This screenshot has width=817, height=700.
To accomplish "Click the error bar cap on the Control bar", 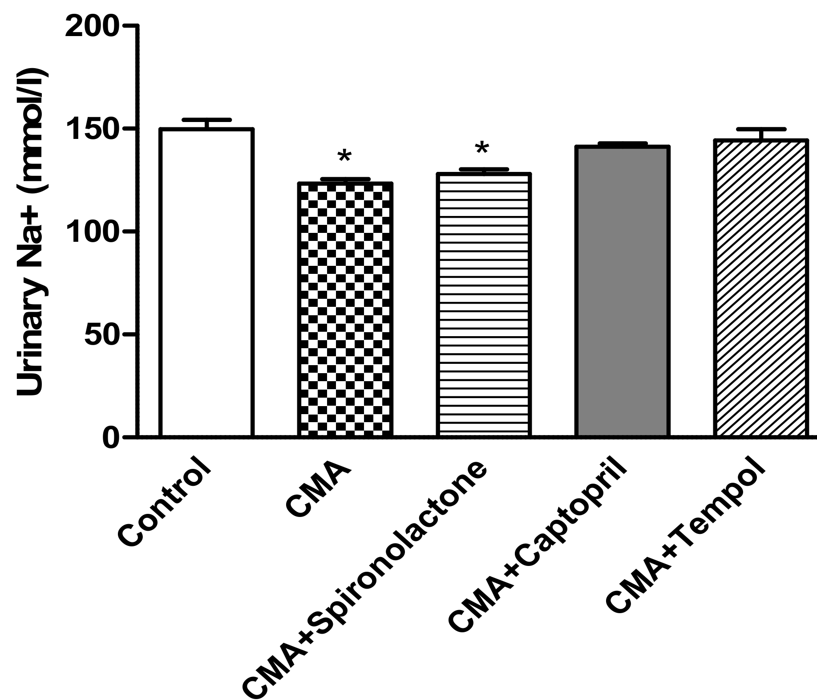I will (207, 120).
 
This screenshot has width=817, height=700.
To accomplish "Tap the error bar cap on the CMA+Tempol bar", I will (761, 129).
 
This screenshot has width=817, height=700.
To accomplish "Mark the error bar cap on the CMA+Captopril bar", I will (622, 143).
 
